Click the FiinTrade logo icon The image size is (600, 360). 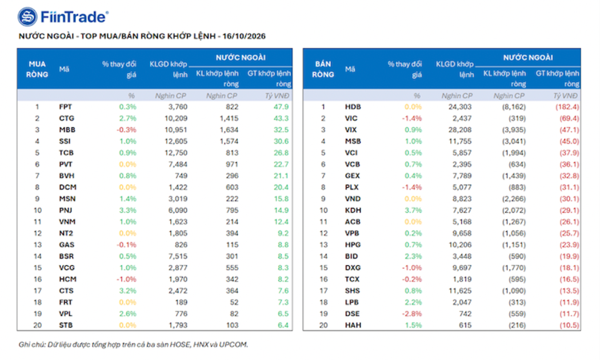click(27, 17)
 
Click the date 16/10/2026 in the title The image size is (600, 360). click(244, 37)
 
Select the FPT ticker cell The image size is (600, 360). click(66, 107)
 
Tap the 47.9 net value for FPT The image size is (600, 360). click(281, 107)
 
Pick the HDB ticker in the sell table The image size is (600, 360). click(353, 107)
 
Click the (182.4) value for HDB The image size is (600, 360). click(567, 107)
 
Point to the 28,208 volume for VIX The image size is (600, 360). click(460, 130)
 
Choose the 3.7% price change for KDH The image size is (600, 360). click(413, 210)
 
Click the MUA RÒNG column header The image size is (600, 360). click(37, 69)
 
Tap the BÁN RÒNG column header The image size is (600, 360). click(323, 69)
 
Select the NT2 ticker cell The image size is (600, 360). click(66, 233)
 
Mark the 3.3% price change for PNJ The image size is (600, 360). click(127, 210)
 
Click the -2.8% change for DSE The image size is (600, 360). click(412, 313)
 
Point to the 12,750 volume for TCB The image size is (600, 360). click(176, 153)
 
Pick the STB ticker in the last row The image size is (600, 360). click(66, 325)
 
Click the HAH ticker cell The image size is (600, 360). click(353, 325)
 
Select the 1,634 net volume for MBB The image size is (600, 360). click(229, 130)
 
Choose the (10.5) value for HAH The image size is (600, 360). click(569, 325)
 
